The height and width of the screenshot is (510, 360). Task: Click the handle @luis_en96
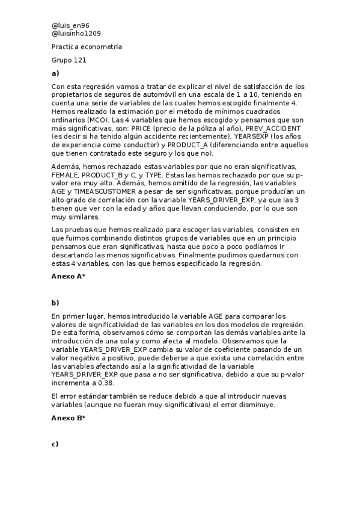(70, 25)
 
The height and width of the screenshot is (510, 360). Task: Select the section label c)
(55, 444)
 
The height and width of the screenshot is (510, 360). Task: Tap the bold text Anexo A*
(68, 275)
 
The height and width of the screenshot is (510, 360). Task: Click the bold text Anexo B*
(68, 417)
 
